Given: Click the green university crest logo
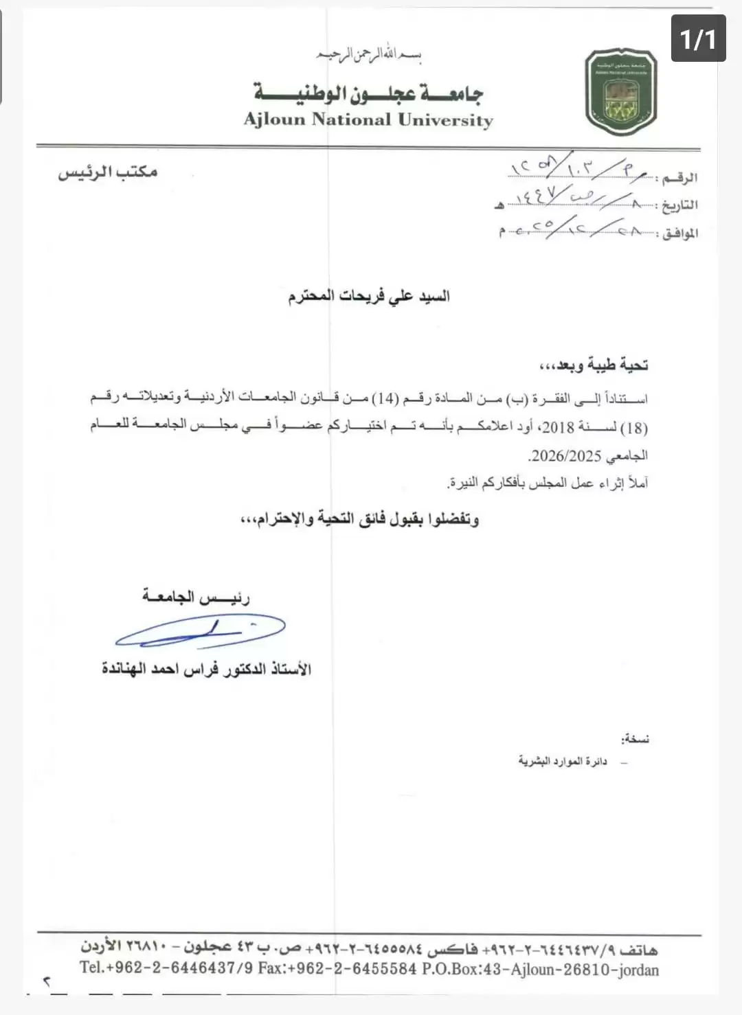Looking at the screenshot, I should pyautogui.click(x=621, y=92).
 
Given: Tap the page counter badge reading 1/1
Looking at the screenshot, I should pyautogui.click(x=698, y=38).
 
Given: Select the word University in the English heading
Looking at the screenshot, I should pyautogui.click(x=445, y=120).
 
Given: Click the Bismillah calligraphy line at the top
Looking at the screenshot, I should pyautogui.click(x=368, y=54).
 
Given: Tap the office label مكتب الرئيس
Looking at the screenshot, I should pyautogui.click(x=108, y=172).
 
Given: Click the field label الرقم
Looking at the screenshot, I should pyautogui.click(x=680, y=178).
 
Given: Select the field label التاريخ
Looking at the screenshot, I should pyautogui.click(x=679, y=205).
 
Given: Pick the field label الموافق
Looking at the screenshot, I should pyautogui.click(x=679, y=233).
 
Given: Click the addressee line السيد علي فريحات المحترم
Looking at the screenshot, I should pyautogui.click(x=369, y=297).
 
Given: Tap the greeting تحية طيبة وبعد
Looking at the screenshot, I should pyautogui.click(x=594, y=365).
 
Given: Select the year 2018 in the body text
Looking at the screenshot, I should pyautogui.click(x=557, y=427).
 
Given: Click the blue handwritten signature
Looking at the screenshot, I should pyautogui.click(x=199, y=631).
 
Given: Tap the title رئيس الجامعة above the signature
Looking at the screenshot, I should pyautogui.click(x=196, y=597).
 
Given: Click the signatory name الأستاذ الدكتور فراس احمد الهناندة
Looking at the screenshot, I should pyautogui.click(x=206, y=669).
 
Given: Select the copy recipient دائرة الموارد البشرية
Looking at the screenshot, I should pyautogui.click(x=563, y=762).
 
